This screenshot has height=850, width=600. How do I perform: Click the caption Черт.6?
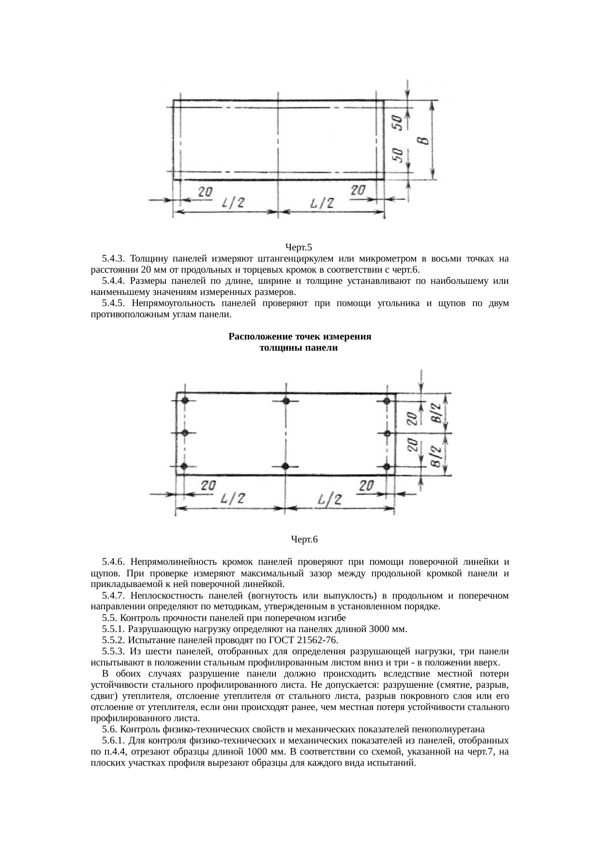[x=304, y=539]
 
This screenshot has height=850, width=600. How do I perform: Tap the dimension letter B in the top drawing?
[x=423, y=141]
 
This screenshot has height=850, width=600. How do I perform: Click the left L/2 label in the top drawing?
[x=232, y=204]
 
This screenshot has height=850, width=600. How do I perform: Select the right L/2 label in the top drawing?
[x=322, y=204]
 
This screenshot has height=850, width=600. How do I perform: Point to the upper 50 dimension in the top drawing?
[x=397, y=122]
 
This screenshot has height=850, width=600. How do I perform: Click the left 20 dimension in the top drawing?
[x=205, y=192]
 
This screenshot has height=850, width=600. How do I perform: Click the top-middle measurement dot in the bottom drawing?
[x=286, y=401]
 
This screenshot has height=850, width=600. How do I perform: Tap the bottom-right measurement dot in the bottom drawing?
[x=386, y=466]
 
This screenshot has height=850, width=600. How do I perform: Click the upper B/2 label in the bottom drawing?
[x=436, y=412]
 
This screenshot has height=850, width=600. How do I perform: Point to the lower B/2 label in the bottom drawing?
[x=436, y=456]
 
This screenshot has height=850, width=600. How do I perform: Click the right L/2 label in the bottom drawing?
[x=330, y=500]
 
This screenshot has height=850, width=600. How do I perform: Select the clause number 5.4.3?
[x=114, y=259]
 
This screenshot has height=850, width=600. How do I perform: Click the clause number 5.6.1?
[x=114, y=741]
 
